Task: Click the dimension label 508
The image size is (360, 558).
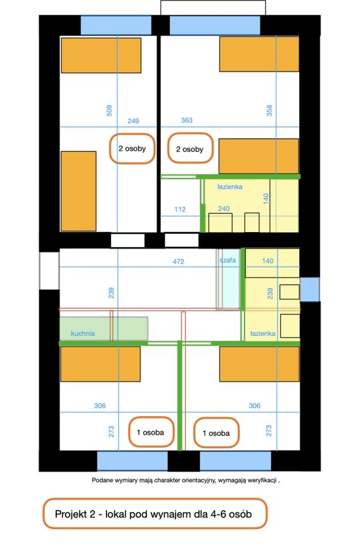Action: (x=109, y=110)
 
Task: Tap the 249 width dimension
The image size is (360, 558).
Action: (x=133, y=121)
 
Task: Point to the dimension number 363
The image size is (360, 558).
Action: (x=187, y=120)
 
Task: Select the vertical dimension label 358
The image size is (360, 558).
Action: (x=269, y=110)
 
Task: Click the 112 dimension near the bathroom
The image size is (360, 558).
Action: (x=180, y=209)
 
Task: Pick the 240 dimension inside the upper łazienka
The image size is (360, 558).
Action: (x=224, y=209)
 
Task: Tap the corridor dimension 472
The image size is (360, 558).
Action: (x=179, y=261)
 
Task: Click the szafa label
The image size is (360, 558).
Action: (x=228, y=260)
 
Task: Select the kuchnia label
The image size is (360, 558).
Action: (x=83, y=334)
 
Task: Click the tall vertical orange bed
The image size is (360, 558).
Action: (x=79, y=191)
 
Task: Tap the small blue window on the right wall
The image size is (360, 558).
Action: (x=310, y=290)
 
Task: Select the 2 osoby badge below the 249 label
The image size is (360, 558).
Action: (x=132, y=148)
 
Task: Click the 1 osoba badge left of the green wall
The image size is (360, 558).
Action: (x=151, y=432)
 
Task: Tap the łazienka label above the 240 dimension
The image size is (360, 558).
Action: (x=230, y=186)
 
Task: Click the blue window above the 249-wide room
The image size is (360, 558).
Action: (x=116, y=25)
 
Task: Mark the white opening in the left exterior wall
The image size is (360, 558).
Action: (x=49, y=271)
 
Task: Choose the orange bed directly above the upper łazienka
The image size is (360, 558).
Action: (x=259, y=156)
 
